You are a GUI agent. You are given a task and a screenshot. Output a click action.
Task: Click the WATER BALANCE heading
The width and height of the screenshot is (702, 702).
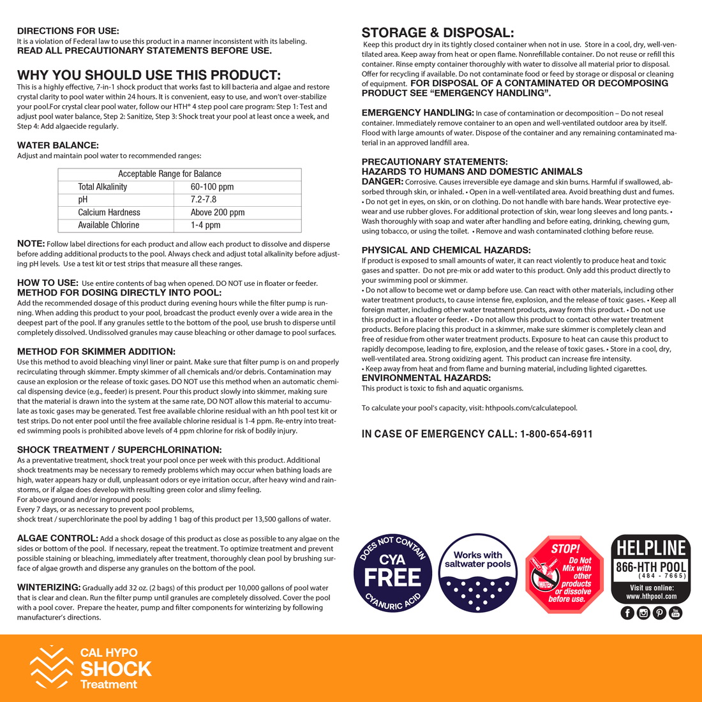tap(57, 146)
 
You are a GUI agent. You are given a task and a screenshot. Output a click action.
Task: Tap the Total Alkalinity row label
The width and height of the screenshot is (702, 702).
tap(102, 187)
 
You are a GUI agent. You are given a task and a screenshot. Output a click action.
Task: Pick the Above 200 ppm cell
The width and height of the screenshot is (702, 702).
tap(217, 213)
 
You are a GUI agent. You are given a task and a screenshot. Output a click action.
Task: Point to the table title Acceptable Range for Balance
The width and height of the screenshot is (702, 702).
tap(169, 174)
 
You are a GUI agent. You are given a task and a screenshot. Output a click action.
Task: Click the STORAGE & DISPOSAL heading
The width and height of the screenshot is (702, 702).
tap(437, 33)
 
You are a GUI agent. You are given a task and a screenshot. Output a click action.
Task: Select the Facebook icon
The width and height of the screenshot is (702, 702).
tap(627, 613)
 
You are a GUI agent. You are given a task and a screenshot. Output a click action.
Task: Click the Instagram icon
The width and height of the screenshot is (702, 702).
tap(643, 613)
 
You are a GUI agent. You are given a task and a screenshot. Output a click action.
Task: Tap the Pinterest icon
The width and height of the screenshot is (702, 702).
tap(659, 613)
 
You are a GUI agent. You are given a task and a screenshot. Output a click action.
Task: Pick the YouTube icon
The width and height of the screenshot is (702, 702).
tap(675, 613)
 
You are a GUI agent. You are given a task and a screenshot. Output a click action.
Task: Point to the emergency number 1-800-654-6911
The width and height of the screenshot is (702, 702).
tap(556, 434)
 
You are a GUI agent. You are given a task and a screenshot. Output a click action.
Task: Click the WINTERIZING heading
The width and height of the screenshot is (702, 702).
tap(49, 587)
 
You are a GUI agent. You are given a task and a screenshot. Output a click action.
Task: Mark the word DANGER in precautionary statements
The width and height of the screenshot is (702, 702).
tap(382, 182)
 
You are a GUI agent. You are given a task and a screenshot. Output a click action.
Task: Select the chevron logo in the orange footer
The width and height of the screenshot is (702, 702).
tap(51, 668)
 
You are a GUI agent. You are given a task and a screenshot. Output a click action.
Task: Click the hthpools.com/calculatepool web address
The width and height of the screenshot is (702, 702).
tap(531, 408)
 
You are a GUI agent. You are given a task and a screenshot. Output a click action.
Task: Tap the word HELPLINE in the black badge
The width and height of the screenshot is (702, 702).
tap(650, 548)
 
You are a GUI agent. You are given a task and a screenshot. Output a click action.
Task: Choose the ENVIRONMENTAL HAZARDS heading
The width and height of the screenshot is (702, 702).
tap(426, 378)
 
